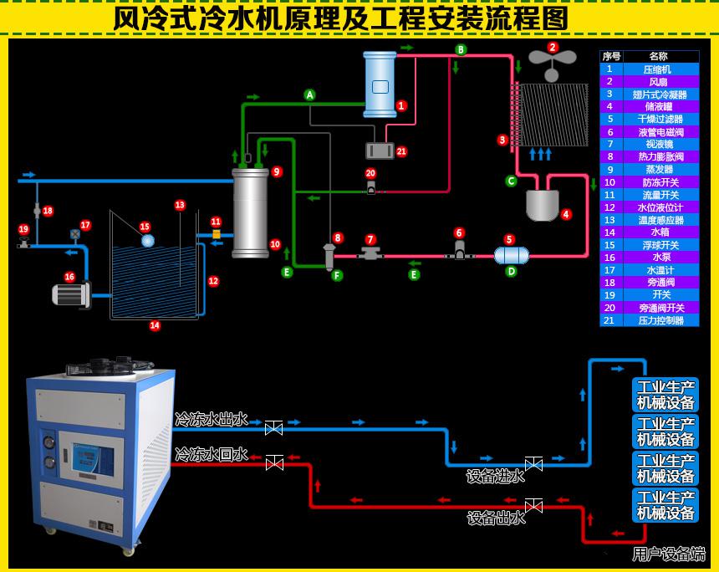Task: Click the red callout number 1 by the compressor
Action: [x=401, y=106]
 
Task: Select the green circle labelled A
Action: [x=309, y=95]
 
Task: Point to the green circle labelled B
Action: [x=461, y=50]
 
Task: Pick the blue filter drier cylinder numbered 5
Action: [x=511, y=255]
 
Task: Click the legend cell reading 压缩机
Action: [x=658, y=69]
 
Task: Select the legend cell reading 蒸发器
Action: [x=658, y=170]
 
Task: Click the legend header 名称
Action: [x=658, y=56]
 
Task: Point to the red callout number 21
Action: [x=401, y=151]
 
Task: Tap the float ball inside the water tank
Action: [x=148, y=241]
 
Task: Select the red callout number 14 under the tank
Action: [x=155, y=326]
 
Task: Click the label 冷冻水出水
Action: [x=211, y=419]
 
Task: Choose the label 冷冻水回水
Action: [x=211, y=454]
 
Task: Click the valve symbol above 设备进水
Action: [x=533, y=463]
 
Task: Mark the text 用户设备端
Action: [x=668, y=554]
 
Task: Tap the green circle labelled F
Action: [x=337, y=275]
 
